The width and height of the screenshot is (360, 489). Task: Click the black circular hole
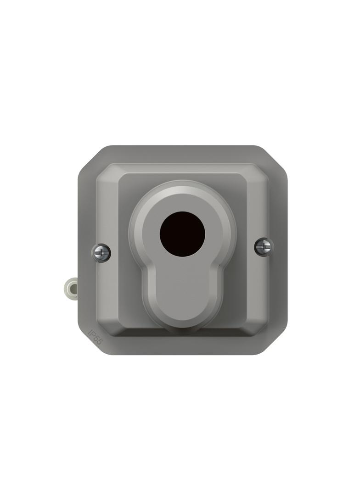point(182,234)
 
